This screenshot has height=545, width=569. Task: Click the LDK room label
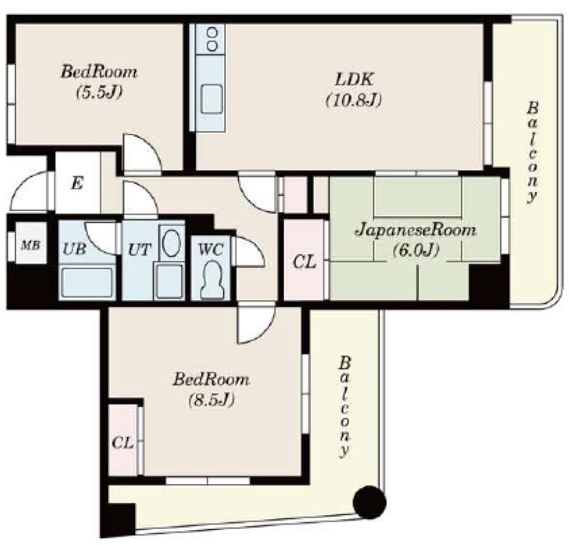click(354, 79)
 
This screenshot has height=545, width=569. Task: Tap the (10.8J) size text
click(354, 100)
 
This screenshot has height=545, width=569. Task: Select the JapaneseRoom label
click(416, 230)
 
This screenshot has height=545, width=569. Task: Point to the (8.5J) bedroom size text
click(211, 399)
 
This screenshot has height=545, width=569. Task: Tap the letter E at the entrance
click(77, 183)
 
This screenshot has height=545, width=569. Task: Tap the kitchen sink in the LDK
click(211, 99)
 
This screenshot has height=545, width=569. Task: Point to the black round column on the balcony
click(369, 502)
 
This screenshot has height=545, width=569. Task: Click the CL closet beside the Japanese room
click(304, 260)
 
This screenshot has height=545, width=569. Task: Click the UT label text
click(139, 249)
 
